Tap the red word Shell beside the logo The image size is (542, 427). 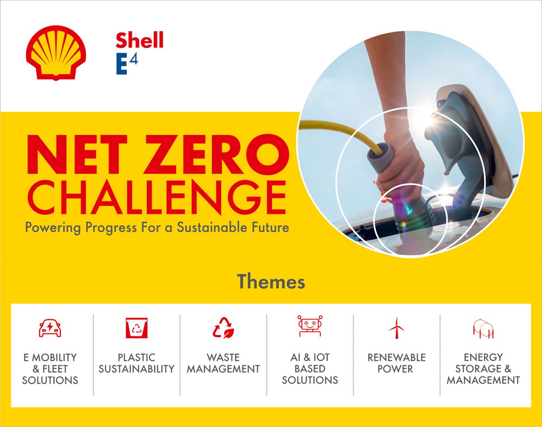(x=139, y=41)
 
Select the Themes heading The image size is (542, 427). (x=271, y=282)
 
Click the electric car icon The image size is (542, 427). (x=50, y=327)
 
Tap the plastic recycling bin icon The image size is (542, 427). (x=136, y=327)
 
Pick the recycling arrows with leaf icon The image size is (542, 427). (x=223, y=327)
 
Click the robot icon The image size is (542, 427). (x=310, y=326)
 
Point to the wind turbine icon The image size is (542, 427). (x=397, y=328)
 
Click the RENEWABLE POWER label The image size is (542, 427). (x=397, y=363)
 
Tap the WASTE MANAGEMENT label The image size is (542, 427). (x=223, y=363)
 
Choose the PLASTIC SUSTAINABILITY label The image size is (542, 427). (x=136, y=363)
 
